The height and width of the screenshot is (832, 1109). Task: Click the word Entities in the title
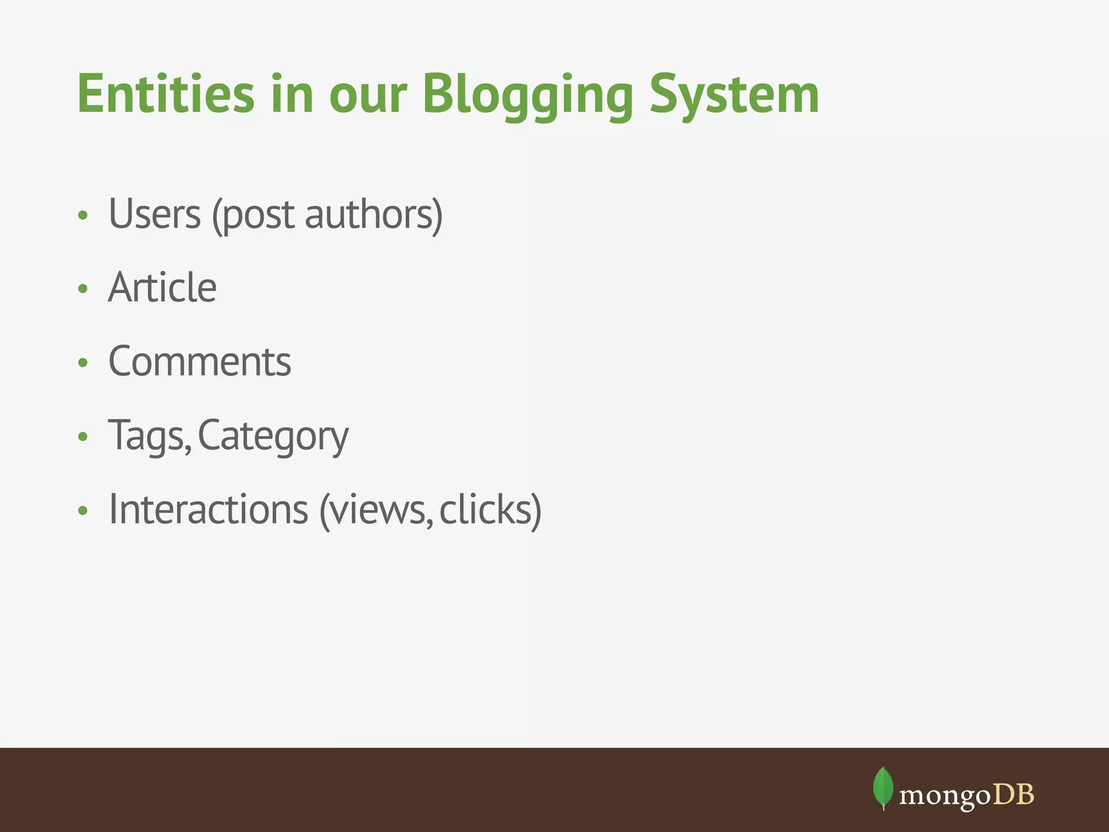click(x=166, y=94)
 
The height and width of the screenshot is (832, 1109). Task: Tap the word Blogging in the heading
click(x=527, y=95)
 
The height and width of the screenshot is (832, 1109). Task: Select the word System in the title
click(x=734, y=95)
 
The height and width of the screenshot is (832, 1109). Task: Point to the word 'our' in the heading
click(x=368, y=95)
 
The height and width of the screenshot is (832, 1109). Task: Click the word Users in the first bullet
click(x=155, y=214)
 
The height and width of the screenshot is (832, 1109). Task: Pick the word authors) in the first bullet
click(x=374, y=214)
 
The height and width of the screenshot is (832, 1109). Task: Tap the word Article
click(x=162, y=288)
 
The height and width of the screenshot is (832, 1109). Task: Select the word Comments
click(x=200, y=361)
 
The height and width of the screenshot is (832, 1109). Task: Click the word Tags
click(x=149, y=436)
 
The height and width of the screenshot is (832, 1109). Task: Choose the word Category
click(x=273, y=436)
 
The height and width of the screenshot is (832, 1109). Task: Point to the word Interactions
click(x=208, y=510)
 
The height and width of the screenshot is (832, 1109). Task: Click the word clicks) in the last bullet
click(x=490, y=510)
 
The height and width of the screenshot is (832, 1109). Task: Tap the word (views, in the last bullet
click(x=376, y=510)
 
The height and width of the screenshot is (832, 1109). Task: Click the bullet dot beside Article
click(x=83, y=289)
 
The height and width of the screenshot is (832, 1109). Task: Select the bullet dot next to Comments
click(x=83, y=362)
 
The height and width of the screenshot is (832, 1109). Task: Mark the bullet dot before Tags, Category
click(x=83, y=436)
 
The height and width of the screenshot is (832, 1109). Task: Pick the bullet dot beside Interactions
click(x=83, y=510)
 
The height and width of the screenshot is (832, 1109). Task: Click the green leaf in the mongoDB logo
click(x=883, y=787)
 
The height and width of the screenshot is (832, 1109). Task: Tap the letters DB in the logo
click(x=1014, y=795)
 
